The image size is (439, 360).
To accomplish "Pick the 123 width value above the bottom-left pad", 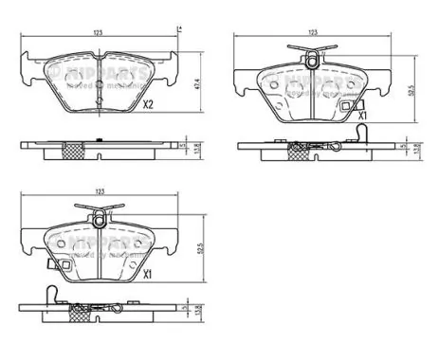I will tap(100, 193).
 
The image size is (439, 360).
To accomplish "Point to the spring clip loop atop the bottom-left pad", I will tap(99, 221).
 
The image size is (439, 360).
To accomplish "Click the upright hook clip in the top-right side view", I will tap(297, 146).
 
